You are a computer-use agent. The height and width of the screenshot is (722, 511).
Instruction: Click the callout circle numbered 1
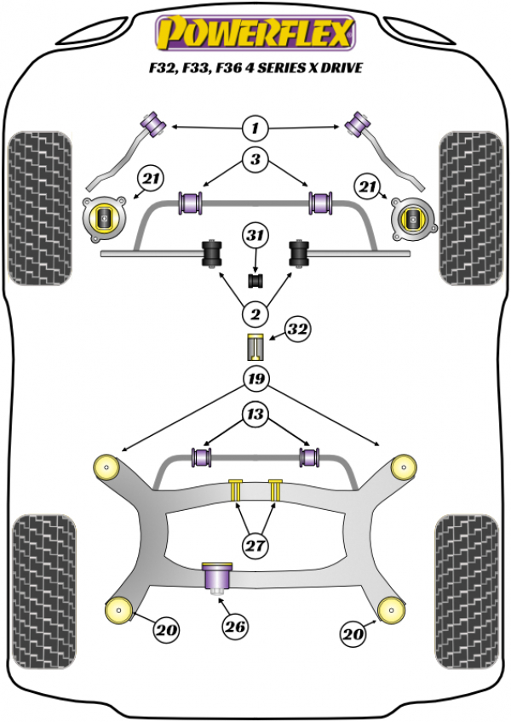tap(254, 129)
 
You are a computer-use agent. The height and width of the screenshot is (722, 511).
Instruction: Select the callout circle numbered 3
tap(254, 158)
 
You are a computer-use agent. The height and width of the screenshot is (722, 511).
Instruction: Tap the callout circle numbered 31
tap(254, 234)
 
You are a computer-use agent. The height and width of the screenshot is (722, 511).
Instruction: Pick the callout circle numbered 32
tap(297, 329)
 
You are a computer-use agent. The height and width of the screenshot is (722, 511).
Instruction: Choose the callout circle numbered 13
tap(254, 415)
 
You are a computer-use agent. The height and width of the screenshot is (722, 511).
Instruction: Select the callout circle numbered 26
tap(236, 627)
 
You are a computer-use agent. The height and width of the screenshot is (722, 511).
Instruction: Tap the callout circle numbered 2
tap(254, 315)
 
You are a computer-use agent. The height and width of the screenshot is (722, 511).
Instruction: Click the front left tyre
tap(39, 207)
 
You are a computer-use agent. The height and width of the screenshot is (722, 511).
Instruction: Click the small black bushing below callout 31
tap(254, 278)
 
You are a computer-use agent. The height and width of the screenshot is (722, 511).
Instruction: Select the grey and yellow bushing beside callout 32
tap(254, 347)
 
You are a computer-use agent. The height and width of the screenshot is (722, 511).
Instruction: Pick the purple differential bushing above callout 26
tap(218, 576)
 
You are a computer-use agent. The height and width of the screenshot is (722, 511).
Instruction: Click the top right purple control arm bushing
tap(358, 125)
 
